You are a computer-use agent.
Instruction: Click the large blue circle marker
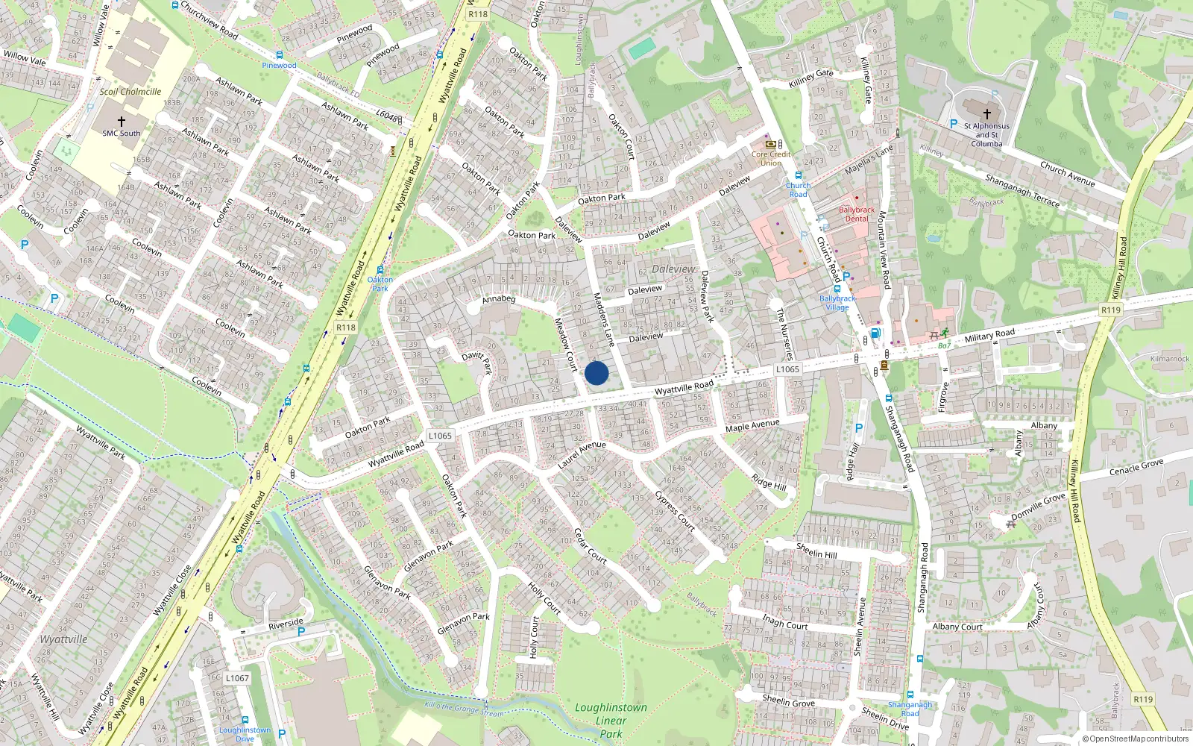point(596,373)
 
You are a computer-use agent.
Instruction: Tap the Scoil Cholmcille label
point(130,92)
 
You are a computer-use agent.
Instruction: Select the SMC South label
point(121,134)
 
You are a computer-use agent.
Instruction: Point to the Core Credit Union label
point(770,158)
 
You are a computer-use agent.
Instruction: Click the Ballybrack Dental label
point(857,214)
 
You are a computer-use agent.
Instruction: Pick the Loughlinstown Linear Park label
point(611,720)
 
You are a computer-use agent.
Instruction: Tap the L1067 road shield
point(237,678)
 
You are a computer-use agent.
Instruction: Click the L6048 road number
point(386,115)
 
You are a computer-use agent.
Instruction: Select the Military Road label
point(989,336)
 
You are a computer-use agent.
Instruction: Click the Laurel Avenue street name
point(582,454)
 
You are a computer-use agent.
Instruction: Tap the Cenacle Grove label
point(1136,468)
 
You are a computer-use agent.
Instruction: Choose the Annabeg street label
point(499,299)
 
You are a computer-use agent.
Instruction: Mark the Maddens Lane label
point(603,319)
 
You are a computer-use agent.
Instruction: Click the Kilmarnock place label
point(1169,359)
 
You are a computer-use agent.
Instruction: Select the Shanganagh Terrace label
point(1022,190)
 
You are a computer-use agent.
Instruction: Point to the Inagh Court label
point(784,622)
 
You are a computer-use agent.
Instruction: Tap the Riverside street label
point(286,623)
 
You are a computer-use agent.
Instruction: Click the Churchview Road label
point(210,20)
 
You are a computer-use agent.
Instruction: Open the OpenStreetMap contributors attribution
point(1135,739)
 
